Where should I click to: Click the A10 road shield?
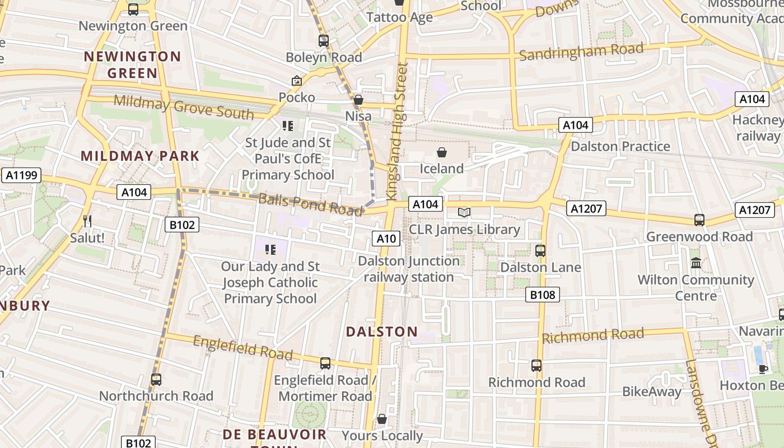coord(386,239)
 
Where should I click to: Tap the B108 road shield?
coord(543,295)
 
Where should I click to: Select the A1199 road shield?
coord(22,175)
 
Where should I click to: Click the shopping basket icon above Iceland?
coord(442,152)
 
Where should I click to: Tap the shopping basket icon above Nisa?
coord(358,100)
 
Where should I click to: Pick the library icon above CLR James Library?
coord(464,212)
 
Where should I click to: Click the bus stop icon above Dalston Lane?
coord(540,250)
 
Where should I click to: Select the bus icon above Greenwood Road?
coord(699,220)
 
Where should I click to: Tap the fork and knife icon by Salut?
coord(87,221)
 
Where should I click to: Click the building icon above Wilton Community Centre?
coord(696,263)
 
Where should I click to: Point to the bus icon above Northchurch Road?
coord(156,379)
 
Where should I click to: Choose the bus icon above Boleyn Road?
coord(324,40)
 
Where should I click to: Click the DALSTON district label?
coord(382,332)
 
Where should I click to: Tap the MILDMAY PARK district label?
coord(141,156)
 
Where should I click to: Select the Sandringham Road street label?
coord(581,53)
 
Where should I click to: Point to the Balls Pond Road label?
coord(310,204)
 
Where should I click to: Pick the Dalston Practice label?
coord(620,146)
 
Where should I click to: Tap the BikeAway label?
coord(652,391)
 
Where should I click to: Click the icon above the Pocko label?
coord(297,81)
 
